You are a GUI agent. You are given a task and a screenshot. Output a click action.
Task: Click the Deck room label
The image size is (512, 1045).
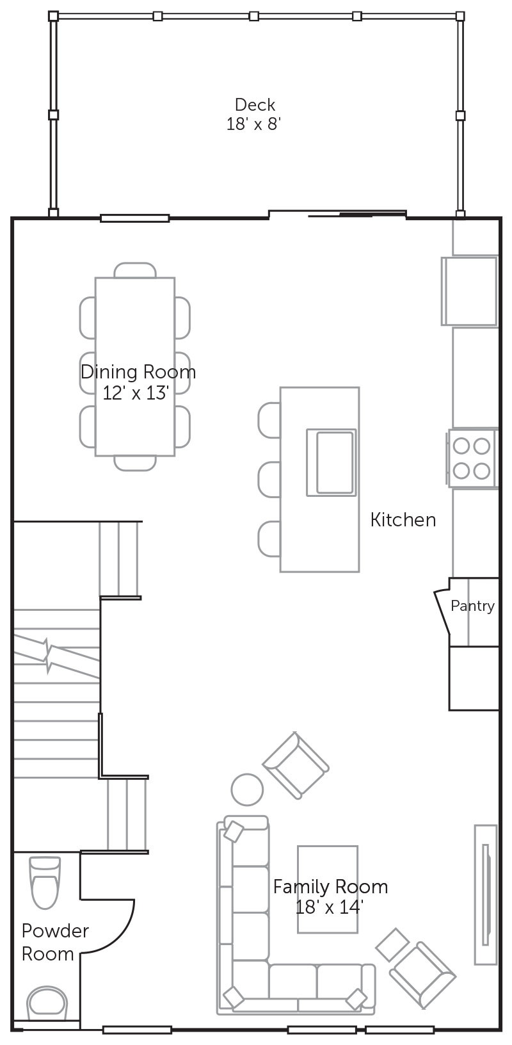255,104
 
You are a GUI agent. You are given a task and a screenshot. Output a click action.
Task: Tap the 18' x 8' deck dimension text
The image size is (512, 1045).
253,124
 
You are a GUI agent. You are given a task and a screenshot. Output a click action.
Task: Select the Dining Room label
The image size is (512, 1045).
138,372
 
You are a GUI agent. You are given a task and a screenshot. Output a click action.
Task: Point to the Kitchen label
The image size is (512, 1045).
403,520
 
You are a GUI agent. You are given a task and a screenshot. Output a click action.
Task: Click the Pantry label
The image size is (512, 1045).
472,606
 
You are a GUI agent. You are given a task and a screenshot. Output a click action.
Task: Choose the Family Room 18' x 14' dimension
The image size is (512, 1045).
329,907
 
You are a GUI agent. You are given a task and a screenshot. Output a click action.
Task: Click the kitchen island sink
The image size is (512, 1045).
332,462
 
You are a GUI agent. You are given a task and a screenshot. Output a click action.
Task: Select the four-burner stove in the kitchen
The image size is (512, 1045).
472,458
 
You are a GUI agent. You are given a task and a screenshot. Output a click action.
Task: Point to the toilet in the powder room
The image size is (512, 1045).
45,882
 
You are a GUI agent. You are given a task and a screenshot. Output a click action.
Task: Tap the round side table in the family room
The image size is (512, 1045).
247,790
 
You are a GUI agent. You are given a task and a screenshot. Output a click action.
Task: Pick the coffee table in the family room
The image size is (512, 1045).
328,889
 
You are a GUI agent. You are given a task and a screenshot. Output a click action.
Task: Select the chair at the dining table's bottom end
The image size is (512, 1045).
135,463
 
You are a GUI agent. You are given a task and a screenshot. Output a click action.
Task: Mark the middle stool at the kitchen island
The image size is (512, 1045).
269,480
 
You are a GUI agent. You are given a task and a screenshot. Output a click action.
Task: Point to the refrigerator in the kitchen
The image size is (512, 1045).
470,290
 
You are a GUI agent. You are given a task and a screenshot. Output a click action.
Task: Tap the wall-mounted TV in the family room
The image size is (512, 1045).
486,895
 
